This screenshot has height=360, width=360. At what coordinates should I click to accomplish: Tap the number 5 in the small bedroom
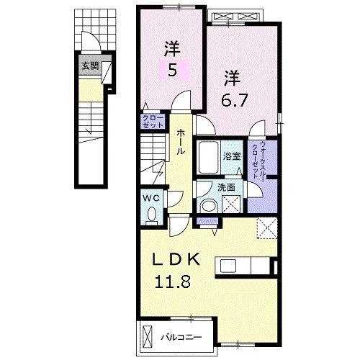pos(172,71)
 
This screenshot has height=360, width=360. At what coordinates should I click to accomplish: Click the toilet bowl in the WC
pos(152,213)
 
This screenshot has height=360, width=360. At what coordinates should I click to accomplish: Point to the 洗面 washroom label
pos(226,186)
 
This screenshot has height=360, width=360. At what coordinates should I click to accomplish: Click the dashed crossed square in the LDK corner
pos(268,228)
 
